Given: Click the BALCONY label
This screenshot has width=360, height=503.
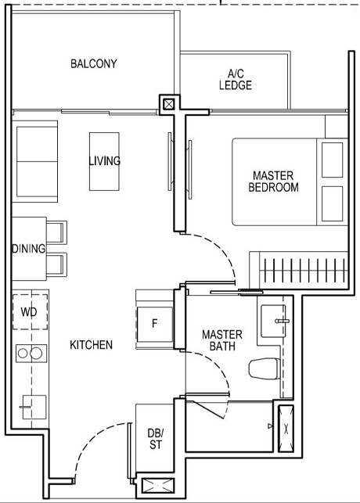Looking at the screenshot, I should pos(93,63).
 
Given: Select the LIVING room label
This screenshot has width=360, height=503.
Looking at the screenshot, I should pos(104,161).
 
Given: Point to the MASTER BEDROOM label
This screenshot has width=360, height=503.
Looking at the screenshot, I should pos(273,181).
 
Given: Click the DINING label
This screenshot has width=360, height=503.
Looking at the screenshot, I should pos(28,249).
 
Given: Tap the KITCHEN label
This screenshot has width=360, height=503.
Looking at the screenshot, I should pos(91,344).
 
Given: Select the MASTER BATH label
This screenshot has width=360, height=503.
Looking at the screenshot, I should pos(222,340).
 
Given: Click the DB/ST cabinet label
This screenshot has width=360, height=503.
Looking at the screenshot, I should pos(155,439).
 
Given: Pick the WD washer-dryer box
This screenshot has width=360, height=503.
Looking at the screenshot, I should pos(29,312).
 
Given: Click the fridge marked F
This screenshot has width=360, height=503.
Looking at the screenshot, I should pos(154,322).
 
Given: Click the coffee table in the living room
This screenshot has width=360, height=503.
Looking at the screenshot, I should pos(104,161).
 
